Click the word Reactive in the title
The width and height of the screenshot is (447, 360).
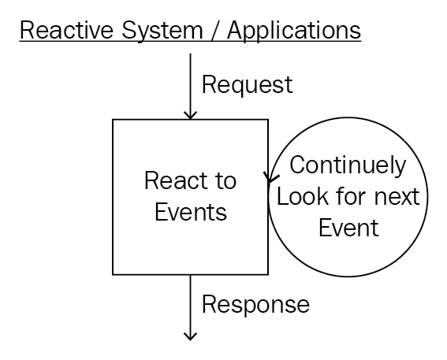67,30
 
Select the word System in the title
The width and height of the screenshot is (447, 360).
162,32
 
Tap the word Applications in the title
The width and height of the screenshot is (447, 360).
294,32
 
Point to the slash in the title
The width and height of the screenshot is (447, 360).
215,31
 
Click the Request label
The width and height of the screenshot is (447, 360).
248,85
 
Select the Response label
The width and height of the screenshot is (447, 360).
255,305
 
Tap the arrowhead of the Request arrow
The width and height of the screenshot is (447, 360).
190,115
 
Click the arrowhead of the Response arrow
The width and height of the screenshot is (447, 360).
190,336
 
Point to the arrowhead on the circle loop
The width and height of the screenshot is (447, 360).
271,177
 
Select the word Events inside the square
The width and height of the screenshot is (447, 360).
191,212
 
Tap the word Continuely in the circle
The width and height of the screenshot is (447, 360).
348,165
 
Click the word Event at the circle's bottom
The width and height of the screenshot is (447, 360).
348,228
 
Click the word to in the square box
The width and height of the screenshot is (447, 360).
226,181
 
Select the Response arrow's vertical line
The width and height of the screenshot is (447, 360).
190,307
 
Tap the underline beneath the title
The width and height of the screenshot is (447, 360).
191,42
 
